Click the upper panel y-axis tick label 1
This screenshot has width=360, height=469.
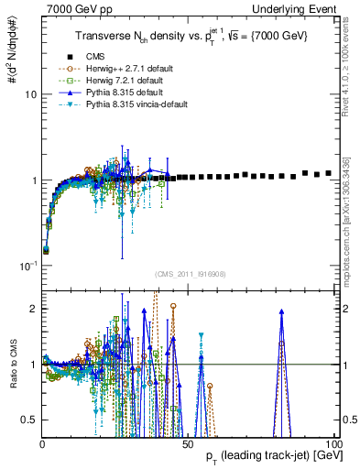click(32, 180)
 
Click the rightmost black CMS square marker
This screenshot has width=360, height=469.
click(328, 172)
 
